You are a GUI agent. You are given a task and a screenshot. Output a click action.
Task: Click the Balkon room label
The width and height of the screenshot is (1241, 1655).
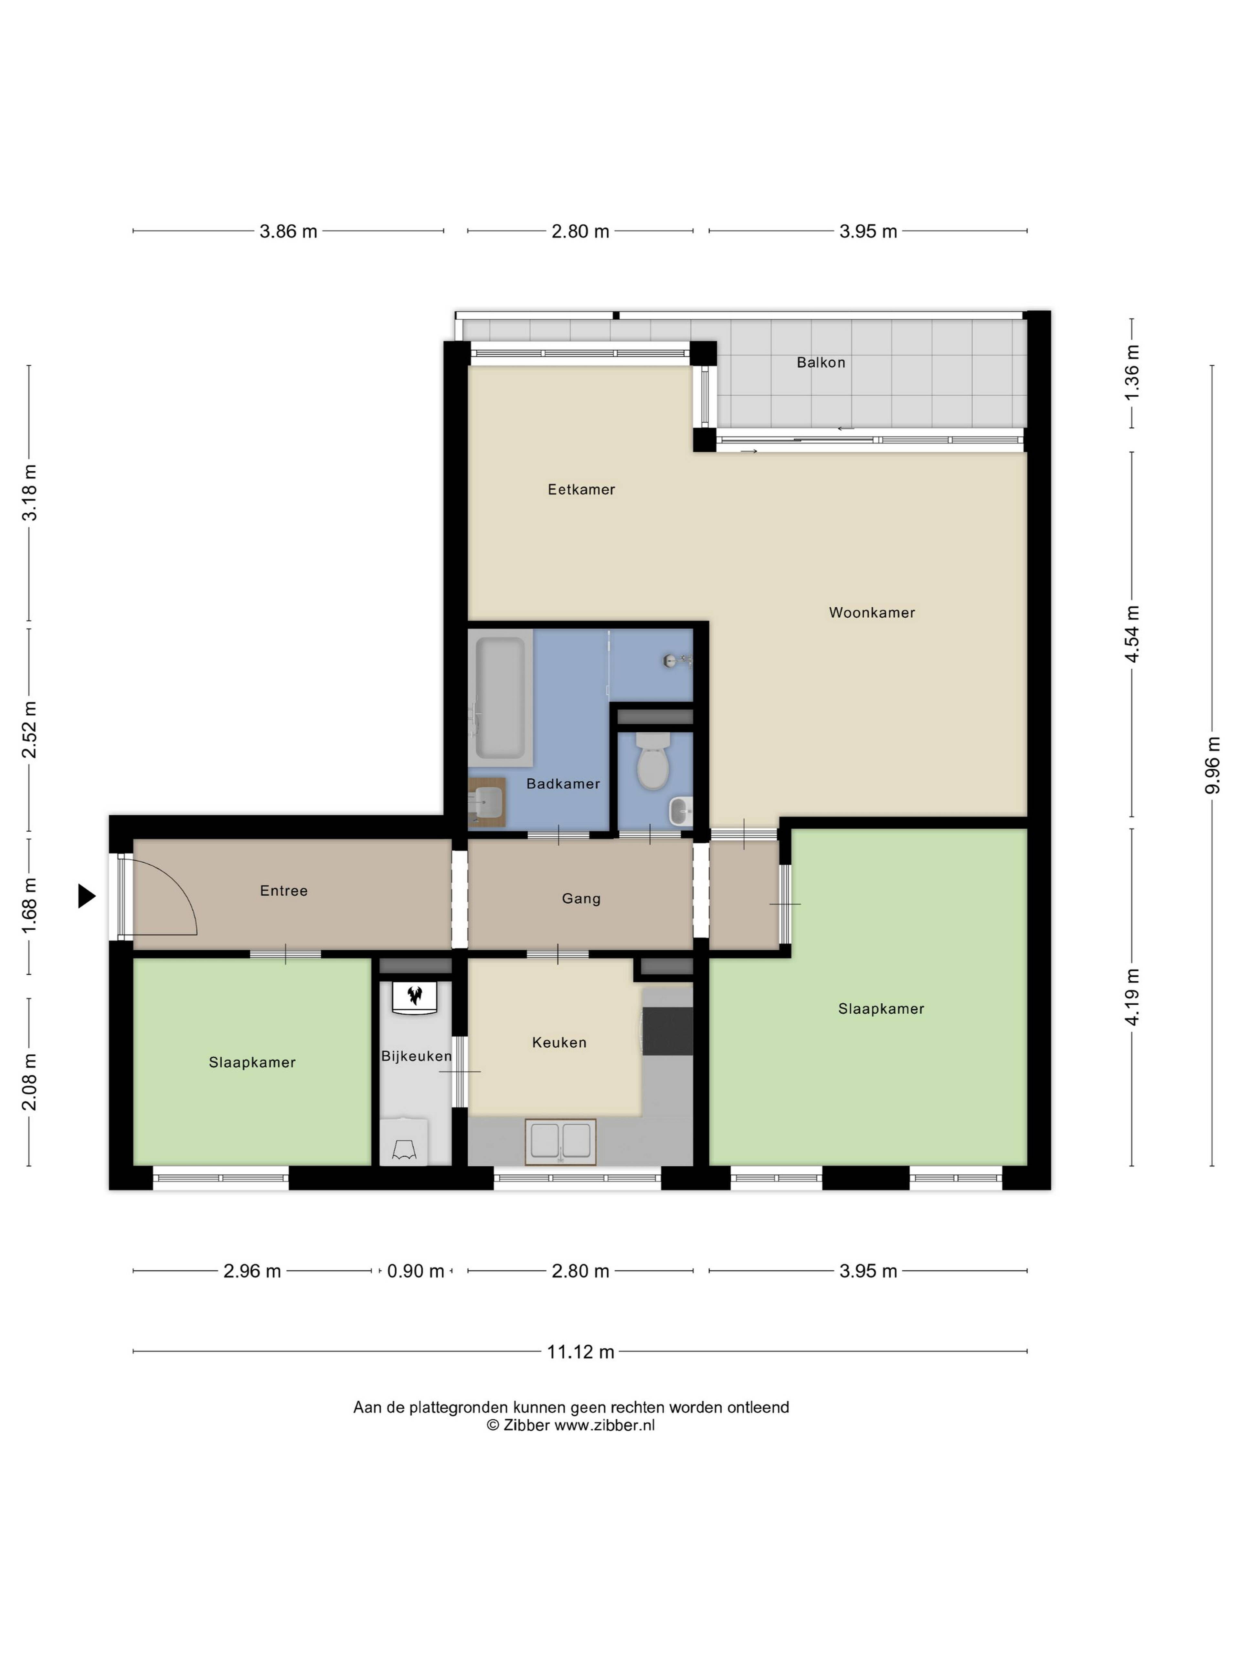click(x=821, y=362)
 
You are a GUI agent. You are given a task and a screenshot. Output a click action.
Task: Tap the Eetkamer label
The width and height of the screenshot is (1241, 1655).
click(x=581, y=489)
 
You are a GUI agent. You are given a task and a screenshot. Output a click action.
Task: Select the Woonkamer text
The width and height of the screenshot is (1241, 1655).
click(x=872, y=612)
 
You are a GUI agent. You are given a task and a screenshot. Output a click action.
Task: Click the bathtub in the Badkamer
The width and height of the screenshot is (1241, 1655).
click(x=500, y=697)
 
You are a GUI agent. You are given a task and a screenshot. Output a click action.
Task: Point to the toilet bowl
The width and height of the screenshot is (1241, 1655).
click(x=652, y=761)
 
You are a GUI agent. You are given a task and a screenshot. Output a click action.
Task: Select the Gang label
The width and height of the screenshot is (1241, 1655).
click(x=581, y=899)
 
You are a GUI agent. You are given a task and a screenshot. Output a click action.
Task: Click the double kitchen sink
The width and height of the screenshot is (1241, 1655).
click(x=560, y=1142)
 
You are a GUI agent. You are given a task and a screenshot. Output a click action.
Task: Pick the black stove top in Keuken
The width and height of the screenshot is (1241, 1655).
click(x=667, y=1030)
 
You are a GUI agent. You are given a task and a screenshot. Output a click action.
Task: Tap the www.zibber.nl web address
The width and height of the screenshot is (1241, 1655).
click(x=604, y=1425)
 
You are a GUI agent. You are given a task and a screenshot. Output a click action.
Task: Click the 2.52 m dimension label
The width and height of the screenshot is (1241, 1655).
click(x=29, y=730)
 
